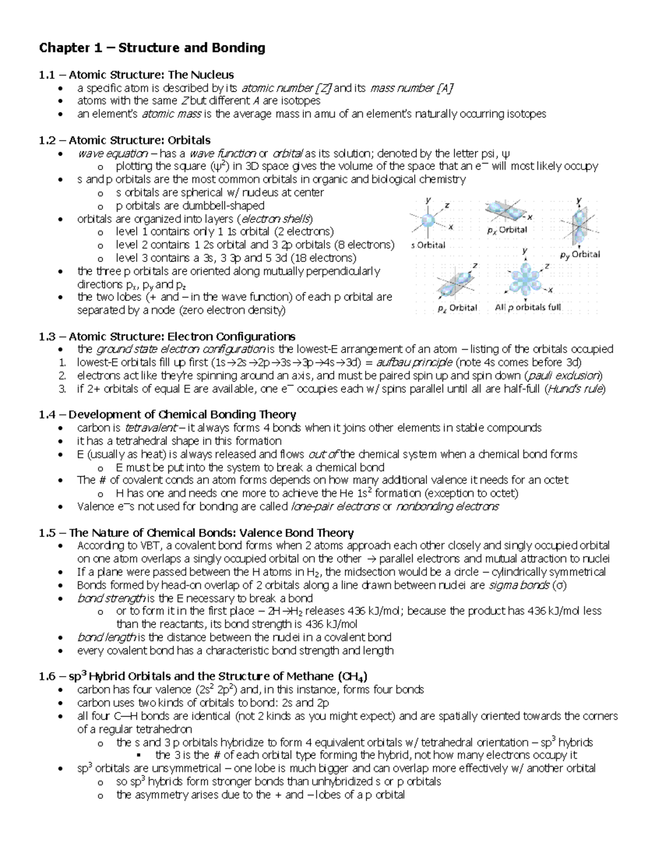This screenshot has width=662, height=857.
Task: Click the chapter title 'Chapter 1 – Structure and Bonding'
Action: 152,48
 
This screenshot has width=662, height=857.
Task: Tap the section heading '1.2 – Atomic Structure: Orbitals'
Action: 125,140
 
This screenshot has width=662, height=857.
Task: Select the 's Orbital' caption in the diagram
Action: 429,245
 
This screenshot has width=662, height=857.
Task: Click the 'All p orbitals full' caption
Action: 527,307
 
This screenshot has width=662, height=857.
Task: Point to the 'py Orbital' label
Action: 579,254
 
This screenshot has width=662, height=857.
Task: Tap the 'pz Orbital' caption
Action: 457,308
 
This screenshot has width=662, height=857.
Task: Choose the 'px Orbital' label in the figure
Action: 507,230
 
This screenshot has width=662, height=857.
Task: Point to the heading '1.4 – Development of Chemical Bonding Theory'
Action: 168,414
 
